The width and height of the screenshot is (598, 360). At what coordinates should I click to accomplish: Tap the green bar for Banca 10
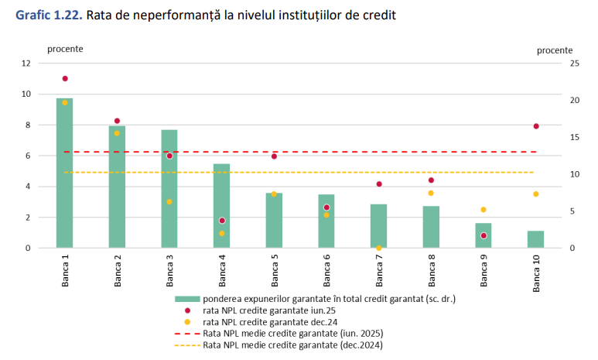point(535,239)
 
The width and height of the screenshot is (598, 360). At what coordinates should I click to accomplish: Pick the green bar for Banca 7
point(378,226)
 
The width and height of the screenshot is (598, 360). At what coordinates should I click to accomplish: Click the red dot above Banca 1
point(65,79)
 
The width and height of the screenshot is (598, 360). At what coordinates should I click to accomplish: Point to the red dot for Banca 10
point(535,126)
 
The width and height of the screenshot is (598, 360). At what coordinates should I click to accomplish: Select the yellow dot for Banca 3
point(169,202)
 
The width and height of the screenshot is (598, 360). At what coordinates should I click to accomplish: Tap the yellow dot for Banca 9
point(484,210)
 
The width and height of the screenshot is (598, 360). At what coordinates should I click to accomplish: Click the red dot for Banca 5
point(274,156)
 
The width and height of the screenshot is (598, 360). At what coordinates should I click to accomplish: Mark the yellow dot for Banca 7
point(378,248)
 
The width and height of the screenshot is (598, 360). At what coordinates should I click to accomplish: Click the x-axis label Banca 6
point(326,270)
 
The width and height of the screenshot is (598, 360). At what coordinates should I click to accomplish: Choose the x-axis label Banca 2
point(118,270)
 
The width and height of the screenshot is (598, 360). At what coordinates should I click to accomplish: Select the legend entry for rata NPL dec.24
point(270,321)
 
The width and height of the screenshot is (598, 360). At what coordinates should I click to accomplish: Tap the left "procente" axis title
point(65,49)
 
